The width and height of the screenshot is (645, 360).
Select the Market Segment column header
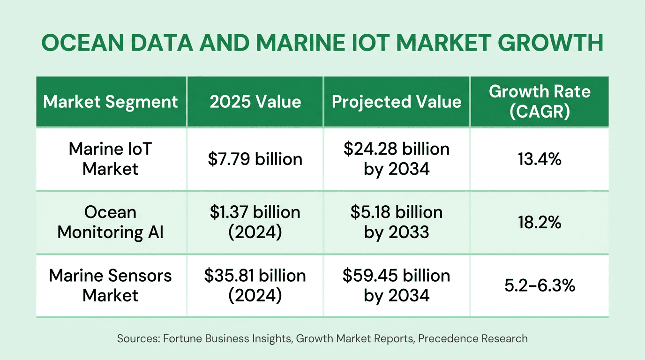pyautogui.click(x=111, y=102)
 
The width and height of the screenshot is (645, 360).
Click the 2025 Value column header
pyautogui.click(x=255, y=102)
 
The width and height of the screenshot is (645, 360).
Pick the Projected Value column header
pyautogui.click(x=397, y=102)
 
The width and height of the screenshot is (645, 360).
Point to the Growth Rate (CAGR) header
pyautogui.click(x=540, y=102)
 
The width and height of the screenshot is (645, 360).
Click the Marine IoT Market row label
pyautogui.click(x=111, y=158)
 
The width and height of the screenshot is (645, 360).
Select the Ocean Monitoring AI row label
pyautogui.click(x=111, y=222)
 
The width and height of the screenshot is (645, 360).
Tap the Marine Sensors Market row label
pyautogui.click(x=111, y=285)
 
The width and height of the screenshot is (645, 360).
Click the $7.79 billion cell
pyautogui.click(x=255, y=159)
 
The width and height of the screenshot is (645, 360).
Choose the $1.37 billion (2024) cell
pyautogui.click(x=255, y=222)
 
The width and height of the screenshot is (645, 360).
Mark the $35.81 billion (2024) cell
pyautogui.click(x=255, y=285)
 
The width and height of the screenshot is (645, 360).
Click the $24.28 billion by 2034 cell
pyautogui.click(x=397, y=158)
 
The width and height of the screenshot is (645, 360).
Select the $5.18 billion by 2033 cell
pyautogui.click(x=397, y=222)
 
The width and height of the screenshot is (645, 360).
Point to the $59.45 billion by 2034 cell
pyautogui.click(x=397, y=285)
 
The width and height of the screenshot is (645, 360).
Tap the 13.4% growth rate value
pyautogui.click(x=540, y=159)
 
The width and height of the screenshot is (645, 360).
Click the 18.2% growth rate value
pyautogui.click(x=540, y=222)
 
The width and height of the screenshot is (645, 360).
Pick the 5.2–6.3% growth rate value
pyautogui.click(x=540, y=285)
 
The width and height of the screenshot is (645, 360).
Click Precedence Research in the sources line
pyautogui.click(x=472, y=338)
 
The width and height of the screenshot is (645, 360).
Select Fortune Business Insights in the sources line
pyautogui.click(x=228, y=338)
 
